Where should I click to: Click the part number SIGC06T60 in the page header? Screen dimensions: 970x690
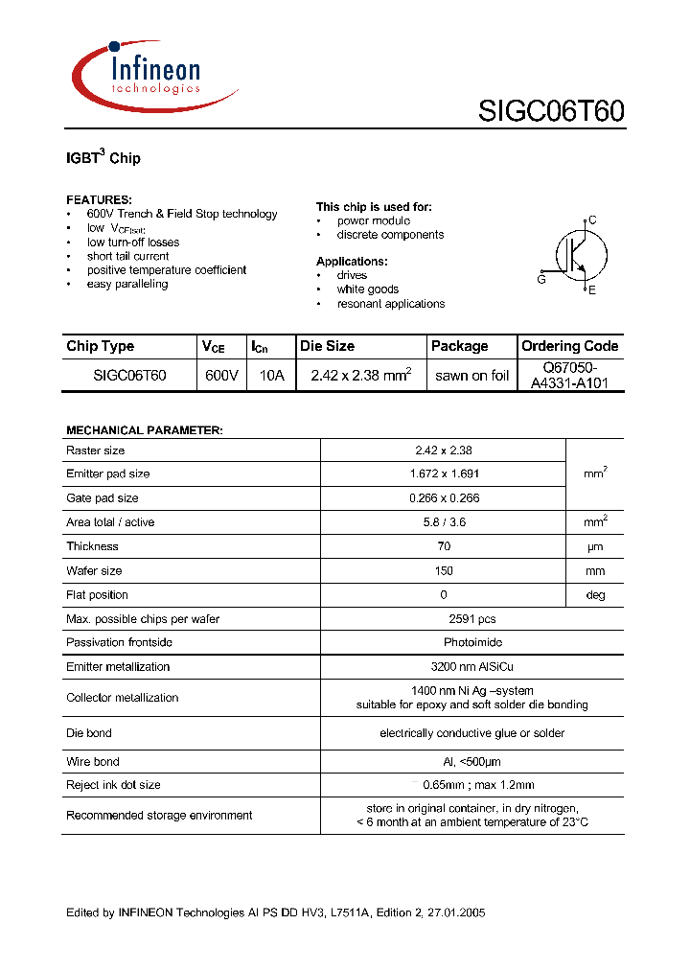pos(551,111)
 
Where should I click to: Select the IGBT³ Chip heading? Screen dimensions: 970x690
pos(103,158)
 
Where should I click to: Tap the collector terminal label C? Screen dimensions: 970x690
pos(592,220)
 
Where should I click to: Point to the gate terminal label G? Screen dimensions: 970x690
pos(541,280)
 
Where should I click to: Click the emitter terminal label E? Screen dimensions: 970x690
pos(592,289)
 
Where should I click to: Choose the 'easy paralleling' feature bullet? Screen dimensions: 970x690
pos(127,284)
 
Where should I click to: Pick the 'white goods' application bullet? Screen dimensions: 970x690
pos(367,289)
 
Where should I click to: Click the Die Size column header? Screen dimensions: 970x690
pos(328,346)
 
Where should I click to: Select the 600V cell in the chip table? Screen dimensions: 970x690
pos(221,376)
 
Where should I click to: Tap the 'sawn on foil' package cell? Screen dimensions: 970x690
pos(471,376)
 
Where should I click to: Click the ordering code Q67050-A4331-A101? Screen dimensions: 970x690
pos(569,376)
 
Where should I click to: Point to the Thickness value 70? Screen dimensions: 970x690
pos(443,546)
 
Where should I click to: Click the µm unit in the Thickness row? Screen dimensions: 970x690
pos(595,546)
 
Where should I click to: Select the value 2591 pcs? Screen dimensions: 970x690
pos(443,619)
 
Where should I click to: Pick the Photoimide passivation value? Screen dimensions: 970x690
pos(443,642)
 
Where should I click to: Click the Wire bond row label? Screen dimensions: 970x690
pos(93,761)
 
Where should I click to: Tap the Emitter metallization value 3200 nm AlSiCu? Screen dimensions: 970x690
pos(443,666)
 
